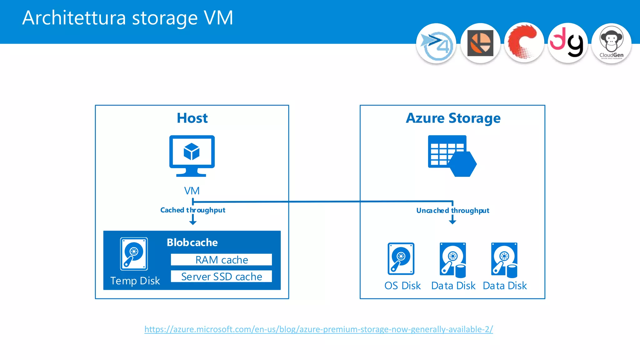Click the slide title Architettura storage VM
pyautogui.click(x=127, y=18)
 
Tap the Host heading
pyautogui.click(x=192, y=118)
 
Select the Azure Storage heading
pyautogui.click(x=453, y=118)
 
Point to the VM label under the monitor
pyautogui.click(x=192, y=191)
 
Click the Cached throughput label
pyautogui.click(x=192, y=210)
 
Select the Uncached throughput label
pyautogui.click(x=452, y=211)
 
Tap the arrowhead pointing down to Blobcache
pyautogui.click(x=193, y=222)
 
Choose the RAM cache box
pyautogui.click(x=221, y=260)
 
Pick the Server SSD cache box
pyautogui.click(x=221, y=277)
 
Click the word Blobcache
pyautogui.click(x=192, y=242)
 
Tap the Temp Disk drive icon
pyautogui.click(x=134, y=254)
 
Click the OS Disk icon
pyautogui.click(x=401, y=259)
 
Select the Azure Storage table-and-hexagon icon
pyautogui.click(x=452, y=156)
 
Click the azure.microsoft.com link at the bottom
pyautogui.click(x=318, y=329)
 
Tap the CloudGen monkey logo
pyautogui.click(x=611, y=43)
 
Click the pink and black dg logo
pyautogui.click(x=567, y=43)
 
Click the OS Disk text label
pyautogui.click(x=402, y=286)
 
